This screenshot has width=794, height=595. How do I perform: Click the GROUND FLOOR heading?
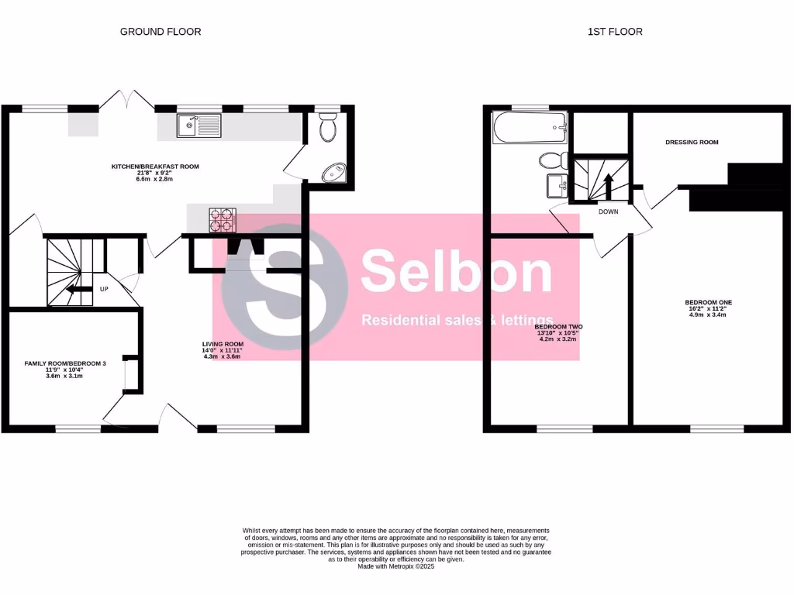161,32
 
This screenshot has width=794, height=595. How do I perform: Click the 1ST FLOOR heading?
614,32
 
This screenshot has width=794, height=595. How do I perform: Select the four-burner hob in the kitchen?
222,221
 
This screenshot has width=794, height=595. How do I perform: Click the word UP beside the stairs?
103,290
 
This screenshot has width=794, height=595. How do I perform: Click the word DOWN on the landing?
608,211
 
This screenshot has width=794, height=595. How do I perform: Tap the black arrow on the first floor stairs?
608,186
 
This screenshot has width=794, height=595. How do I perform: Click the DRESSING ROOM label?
692,143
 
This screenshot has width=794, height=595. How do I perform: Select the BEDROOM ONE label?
708,302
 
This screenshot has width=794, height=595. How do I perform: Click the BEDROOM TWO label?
558,327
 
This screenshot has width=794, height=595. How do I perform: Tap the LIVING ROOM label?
223,344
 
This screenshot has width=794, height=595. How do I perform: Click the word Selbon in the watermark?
456,273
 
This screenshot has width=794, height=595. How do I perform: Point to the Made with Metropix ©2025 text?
396,566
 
